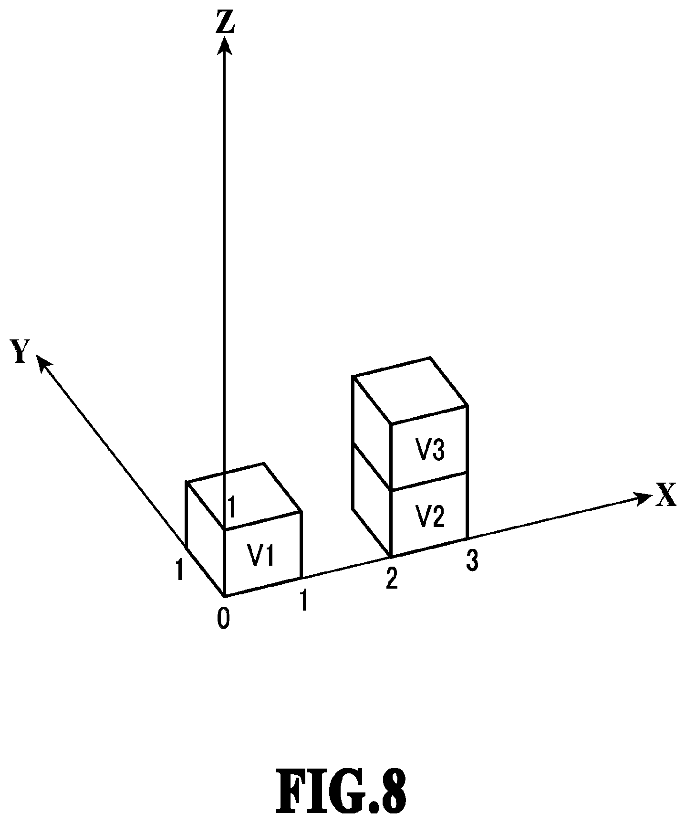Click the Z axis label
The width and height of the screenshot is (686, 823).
[x=225, y=22]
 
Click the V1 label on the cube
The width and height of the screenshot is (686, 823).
[x=260, y=555]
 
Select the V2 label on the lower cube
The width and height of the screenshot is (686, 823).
[x=430, y=517]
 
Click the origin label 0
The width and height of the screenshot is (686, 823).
[x=223, y=618]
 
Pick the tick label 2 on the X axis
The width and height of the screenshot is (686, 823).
[x=391, y=579]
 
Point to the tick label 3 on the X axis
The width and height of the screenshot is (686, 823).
[x=471, y=560]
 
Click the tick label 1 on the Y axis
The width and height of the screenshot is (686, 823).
[x=179, y=569]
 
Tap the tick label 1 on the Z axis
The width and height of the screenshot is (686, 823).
[x=232, y=507]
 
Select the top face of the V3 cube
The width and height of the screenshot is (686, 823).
[x=410, y=390]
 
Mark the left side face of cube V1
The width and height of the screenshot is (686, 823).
[x=206, y=539]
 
